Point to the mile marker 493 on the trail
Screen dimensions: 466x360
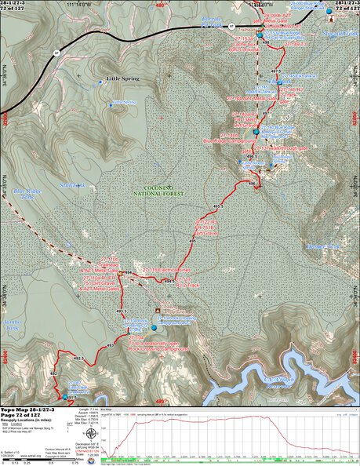(x=111, y=345)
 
